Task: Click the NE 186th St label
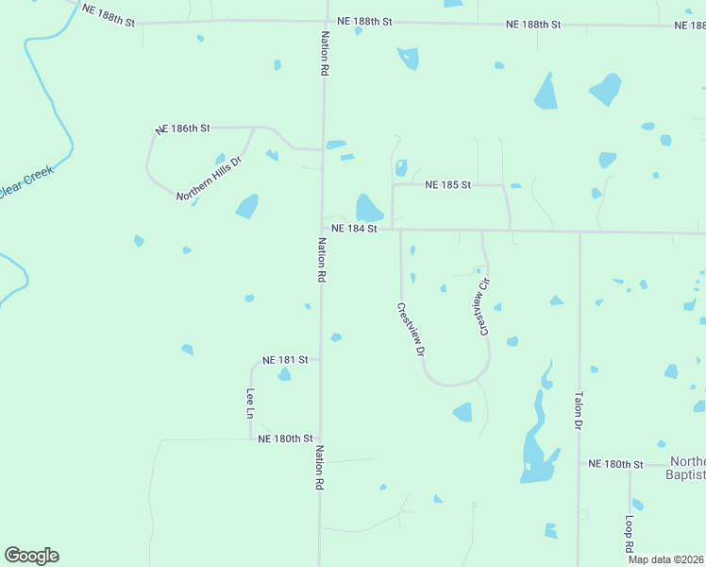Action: pyautogui.click(x=183, y=127)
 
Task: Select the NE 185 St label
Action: pyautogui.click(x=447, y=185)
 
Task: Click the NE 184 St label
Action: pyautogui.click(x=354, y=229)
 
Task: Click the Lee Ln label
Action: pyautogui.click(x=251, y=404)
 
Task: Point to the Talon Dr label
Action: pyautogui.click(x=578, y=412)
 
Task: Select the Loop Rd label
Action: pyautogui.click(x=629, y=534)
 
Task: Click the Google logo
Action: pyautogui.click(x=31, y=556)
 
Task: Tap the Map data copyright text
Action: pyautogui.click(x=666, y=559)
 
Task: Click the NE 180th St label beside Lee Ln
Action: pyautogui.click(x=285, y=438)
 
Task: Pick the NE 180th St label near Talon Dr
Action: pyautogui.click(x=614, y=464)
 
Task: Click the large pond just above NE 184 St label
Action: pyautogui.click(x=368, y=208)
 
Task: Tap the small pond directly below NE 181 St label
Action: pyautogui.click(x=284, y=375)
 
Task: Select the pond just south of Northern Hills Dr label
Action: pyautogui.click(x=247, y=206)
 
